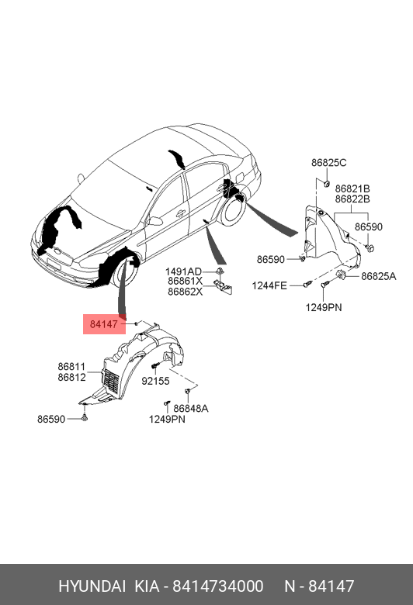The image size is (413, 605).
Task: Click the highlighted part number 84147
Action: [x=103, y=324]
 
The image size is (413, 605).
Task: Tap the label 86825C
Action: [x=329, y=163]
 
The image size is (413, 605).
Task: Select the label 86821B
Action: [x=352, y=188]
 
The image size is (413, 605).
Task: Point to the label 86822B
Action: [x=352, y=199]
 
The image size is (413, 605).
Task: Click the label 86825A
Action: [x=379, y=276]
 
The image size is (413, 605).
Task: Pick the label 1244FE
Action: [x=269, y=285]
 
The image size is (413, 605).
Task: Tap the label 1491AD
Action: [x=183, y=271]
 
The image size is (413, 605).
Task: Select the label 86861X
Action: [x=185, y=282]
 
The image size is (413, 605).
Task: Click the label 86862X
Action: [x=185, y=292]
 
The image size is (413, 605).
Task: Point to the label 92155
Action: [x=155, y=381]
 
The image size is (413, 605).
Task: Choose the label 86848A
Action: [x=190, y=408]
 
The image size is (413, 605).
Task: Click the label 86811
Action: [x=72, y=367]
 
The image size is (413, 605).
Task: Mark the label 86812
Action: [x=72, y=377]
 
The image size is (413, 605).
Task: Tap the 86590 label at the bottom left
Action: [x=51, y=419]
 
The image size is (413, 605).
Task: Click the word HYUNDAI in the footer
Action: [x=92, y=586]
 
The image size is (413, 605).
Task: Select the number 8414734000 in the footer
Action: [x=218, y=586]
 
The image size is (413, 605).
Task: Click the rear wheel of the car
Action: [x=234, y=209]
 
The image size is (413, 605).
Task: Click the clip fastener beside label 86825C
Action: [x=327, y=183]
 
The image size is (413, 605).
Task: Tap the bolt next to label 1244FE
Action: [x=307, y=285]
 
